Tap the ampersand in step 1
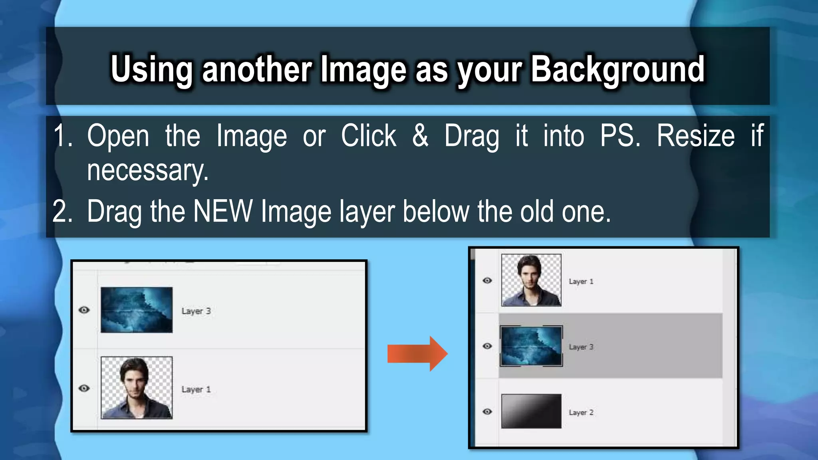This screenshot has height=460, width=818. click(420, 136)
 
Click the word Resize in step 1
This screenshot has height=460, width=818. click(695, 136)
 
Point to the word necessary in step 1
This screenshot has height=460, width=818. click(147, 171)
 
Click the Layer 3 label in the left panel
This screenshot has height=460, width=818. click(196, 311)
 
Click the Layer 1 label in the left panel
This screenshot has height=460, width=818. click(196, 389)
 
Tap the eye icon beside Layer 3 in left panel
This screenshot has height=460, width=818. click(84, 310)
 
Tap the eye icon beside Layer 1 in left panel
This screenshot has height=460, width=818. click(84, 388)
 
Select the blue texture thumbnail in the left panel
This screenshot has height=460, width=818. click(137, 310)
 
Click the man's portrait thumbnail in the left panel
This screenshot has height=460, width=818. click(137, 388)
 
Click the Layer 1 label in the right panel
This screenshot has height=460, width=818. click(581, 282)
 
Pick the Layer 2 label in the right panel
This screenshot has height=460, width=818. click(581, 412)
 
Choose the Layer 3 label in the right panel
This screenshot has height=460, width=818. click(581, 347)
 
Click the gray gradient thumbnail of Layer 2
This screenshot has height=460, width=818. click(531, 411)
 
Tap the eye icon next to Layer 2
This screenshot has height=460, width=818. click(487, 411)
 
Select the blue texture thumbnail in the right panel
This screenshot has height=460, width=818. click(531, 346)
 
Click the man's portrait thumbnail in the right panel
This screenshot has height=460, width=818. click(531, 280)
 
